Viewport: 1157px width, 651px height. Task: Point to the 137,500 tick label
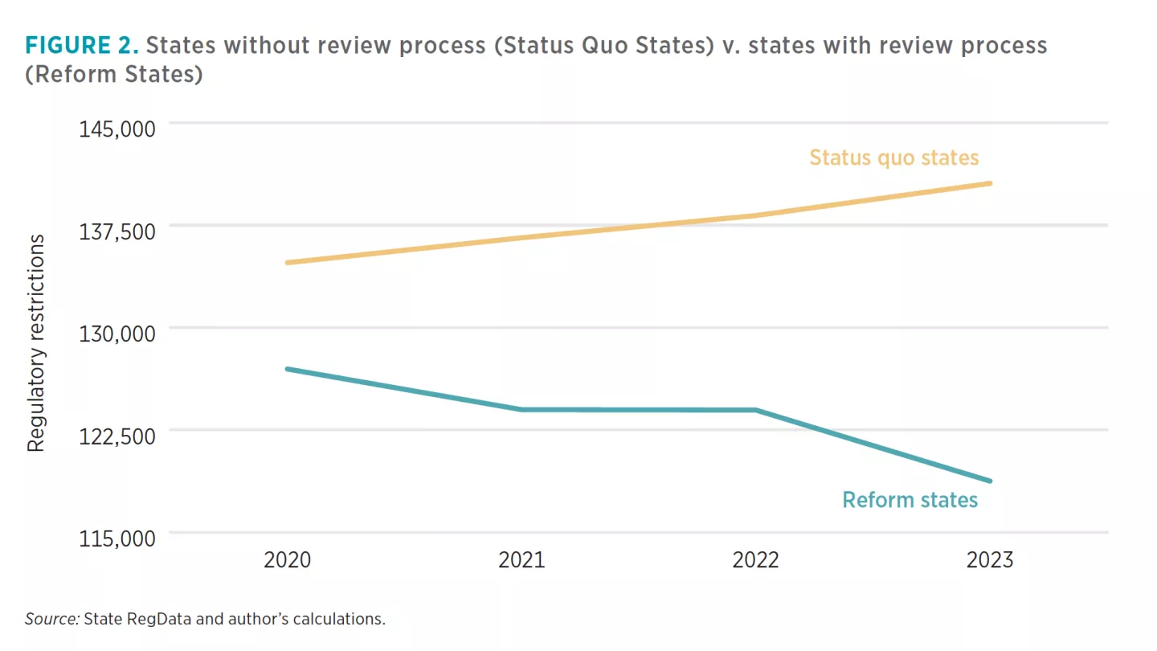[x=117, y=231]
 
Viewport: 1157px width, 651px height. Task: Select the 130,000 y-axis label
[x=117, y=334]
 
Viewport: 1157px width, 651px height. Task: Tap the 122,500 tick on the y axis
[x=117, y=436]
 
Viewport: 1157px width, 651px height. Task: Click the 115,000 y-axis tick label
[x=117, y=538]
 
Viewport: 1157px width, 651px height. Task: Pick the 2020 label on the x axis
[x=288, y=560]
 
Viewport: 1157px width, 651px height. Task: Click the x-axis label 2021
[x=521, y=560]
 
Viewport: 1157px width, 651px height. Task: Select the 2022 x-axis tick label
[x=755, y=560]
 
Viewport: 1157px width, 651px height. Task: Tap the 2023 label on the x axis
[x=990, y=560]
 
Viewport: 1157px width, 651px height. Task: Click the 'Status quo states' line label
[x=893, y=157]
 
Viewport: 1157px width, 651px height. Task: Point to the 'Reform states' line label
[x=910, y=500]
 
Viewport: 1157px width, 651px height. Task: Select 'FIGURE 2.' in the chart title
[x=84, y=45]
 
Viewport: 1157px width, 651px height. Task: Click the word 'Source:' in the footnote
[x=51, y=619]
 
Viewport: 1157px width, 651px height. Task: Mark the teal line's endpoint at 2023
[x=990, y=481]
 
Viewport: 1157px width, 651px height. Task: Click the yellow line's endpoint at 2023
[x=990, y=183]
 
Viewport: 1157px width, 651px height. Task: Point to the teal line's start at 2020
[x=288, y=369]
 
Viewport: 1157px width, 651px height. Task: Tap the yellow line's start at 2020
[x=288, y=262]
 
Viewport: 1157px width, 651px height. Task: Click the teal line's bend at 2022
[x=755, y=410]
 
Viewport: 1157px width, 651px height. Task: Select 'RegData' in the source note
[x=150, y=619]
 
